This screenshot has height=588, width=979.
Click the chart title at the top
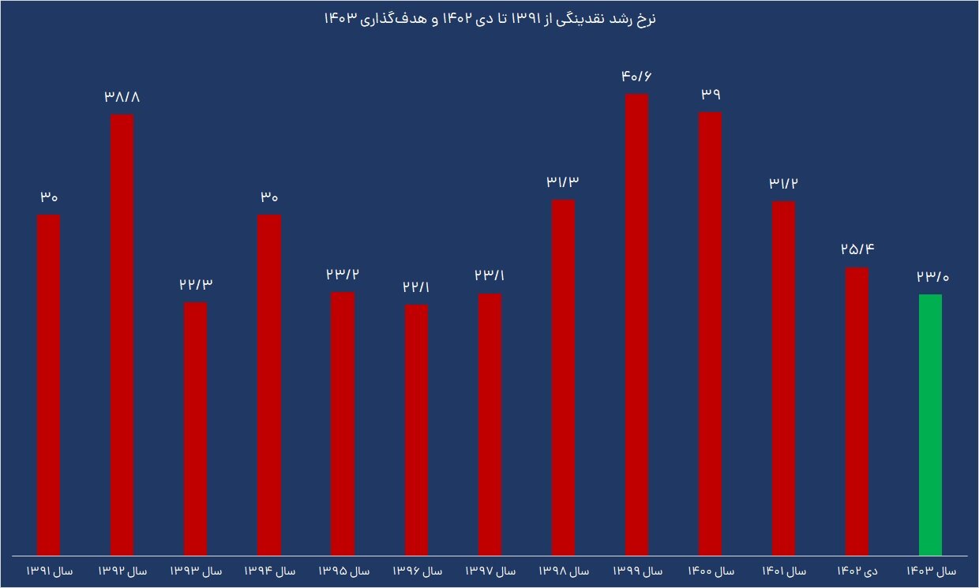coord(489,20)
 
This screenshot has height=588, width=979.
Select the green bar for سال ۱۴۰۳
coord(930,424)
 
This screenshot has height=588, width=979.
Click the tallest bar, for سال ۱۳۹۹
coord(636,324)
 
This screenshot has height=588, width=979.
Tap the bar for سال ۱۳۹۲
coord(122,334)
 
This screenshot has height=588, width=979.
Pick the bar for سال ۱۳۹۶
coord(417,429)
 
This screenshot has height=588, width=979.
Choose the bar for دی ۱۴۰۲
coord(857,410)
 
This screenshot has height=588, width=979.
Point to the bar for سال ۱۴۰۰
coord(710,333)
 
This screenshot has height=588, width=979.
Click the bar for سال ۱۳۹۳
coord(196,428)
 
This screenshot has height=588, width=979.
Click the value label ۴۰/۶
coord(637,77)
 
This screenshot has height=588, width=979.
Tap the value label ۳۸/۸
coord(122,97)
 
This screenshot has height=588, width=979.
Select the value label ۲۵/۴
coord(857,250)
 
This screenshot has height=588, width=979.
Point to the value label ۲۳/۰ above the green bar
coord(931,276)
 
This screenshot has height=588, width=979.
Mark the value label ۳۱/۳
coord(563,182)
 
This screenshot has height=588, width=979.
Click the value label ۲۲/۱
coord(417,287)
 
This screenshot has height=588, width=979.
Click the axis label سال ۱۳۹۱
coord(49,571)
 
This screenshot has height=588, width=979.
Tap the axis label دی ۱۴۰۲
coord(857,571)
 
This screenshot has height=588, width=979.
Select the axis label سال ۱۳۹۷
coord(489,571)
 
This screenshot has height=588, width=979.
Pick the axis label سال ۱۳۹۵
coord(343,571)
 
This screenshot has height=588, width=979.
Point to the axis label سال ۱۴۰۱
coord(783,571)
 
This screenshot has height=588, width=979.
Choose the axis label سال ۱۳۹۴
coord(269,571)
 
